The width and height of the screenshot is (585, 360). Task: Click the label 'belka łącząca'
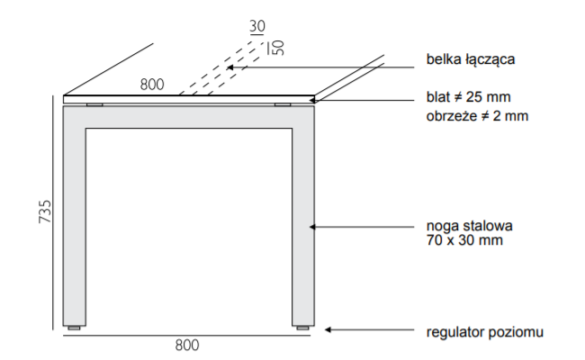pos(469,60)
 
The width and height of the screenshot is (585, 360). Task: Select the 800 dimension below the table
pos(187,345)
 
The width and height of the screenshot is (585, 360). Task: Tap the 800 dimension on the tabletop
pos(152,85)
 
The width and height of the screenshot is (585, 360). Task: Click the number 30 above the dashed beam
pos(257,27)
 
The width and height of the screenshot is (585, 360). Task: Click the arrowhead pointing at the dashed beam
pos(230,67)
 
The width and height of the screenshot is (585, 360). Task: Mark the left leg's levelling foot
pos(75,328)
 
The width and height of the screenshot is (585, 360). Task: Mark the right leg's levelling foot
pos(303,328)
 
